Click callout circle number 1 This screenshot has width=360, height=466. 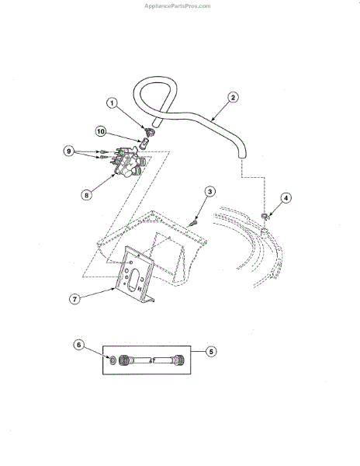(x=112, y=103)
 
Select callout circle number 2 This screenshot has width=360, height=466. (x=233, y=97)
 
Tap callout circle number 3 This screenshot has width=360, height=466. (x=209, y=191)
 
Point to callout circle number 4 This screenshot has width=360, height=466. (x=286, y=198)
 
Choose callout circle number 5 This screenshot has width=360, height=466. (x=211, y=352)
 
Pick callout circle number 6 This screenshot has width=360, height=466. (x=79, y=345)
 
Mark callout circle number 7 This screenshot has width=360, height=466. (x=74, y=299)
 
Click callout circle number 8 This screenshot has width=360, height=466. (x=86, y=195)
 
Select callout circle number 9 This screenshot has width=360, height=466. (x=69, y=151)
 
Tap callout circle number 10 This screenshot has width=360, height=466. (x=101, y=131)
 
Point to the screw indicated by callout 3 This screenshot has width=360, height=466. (x=194, y=222)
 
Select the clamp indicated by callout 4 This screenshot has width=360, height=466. (x=265, y=217)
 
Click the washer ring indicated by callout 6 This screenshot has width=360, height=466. (x=112, y=360)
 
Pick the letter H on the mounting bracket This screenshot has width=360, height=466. (x=139, y=289)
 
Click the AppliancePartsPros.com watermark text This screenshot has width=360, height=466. (x=178, y=6)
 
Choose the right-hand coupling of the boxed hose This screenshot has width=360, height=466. (x=179, y=360)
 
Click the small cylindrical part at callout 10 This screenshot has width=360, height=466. (x=143, y=144)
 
